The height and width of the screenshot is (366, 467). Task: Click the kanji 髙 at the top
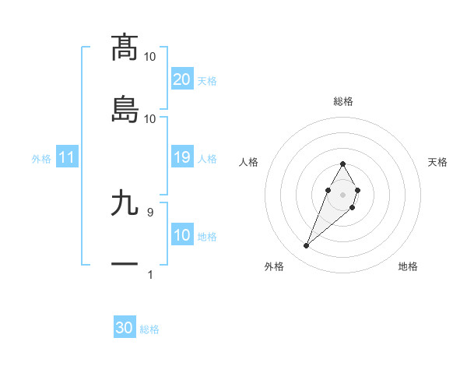tap(125, 47)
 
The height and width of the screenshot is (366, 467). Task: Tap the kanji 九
tap(125, 203)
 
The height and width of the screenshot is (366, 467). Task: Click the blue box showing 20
tap(182, 79)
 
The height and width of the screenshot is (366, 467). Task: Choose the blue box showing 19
tap(182, 157)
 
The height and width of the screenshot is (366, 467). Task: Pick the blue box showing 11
tap(67, 157)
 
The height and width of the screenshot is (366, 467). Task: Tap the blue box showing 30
tap(125, 328)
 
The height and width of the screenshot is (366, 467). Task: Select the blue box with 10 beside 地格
tap(182, 235)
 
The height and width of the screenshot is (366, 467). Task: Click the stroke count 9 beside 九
tap(149, 212)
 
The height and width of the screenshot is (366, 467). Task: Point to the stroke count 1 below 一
tap(149, 274)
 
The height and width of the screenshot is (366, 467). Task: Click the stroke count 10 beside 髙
tap(149, 56)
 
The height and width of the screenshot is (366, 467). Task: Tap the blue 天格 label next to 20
tap(207, 81)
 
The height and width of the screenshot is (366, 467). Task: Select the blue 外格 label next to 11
tap(41, 159)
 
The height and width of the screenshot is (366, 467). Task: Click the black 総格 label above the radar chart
tap(342, 101)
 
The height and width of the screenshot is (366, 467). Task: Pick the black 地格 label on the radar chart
tap(408, 267)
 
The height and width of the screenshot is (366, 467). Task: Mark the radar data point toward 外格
tap(306, 246)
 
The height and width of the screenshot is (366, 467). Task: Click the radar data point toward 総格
tap(342, 164)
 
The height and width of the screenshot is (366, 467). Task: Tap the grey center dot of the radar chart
tap(342, 193)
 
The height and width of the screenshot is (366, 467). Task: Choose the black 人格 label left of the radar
tap(248, 162)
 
